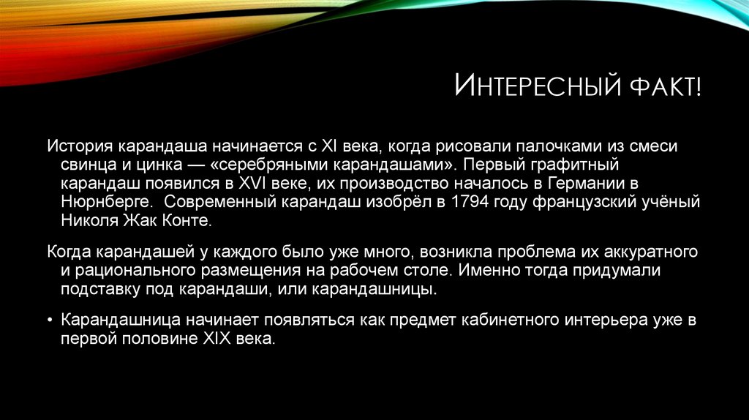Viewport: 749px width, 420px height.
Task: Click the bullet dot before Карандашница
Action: coord(50,320)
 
